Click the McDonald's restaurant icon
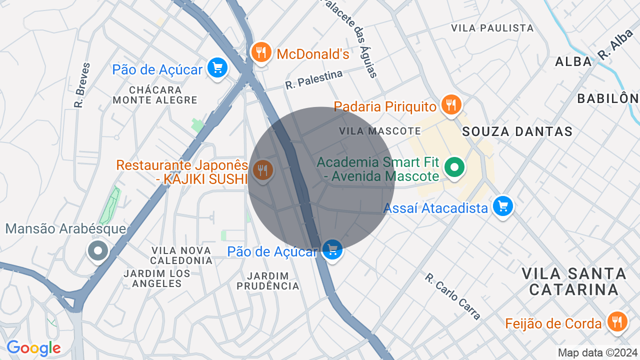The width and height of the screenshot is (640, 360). tap(260, 51)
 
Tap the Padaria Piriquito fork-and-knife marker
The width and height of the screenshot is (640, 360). tap(451, 104)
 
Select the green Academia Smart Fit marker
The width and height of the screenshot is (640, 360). tap(455, 167)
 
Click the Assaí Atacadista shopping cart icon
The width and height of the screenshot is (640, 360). tap(503, 205)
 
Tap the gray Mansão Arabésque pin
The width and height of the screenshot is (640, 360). tap(98, 250)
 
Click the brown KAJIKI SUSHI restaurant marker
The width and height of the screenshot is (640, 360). tap(262, 170)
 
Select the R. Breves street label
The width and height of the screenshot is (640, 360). tap(81, 85)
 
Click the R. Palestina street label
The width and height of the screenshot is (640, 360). tap(314, 79)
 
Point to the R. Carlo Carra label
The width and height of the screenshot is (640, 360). tap(453, 296)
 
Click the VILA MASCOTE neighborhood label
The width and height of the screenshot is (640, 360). tap(380, 131)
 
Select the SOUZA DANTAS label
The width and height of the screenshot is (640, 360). tap(517, 132)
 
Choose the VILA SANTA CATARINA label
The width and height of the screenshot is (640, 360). tap(574, 281)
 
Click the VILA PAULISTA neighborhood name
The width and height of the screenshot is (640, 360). tap(492, 28)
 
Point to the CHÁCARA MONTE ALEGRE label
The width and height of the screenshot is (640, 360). tap(155, 95)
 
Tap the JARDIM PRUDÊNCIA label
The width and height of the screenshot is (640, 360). tap(268, 281)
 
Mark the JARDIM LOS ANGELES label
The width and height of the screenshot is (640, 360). tap(156, 278)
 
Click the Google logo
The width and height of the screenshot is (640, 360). tap(33, 348)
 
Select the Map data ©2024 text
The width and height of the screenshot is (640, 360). tap(597, 352)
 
